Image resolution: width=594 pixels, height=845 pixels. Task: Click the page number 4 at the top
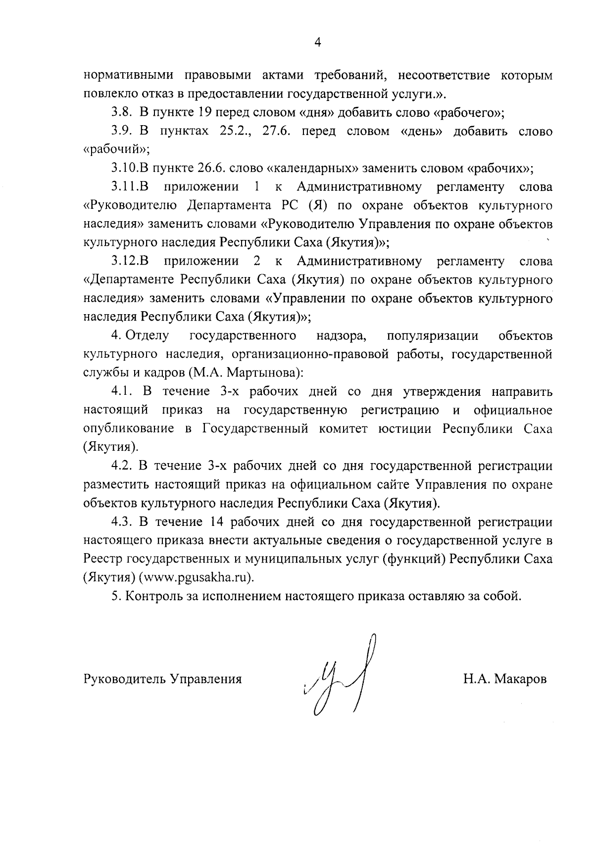(x=318, y=43)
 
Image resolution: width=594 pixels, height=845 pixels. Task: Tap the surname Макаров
(x=519, y=679)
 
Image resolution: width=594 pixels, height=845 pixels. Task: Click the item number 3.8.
(x=122, y=112)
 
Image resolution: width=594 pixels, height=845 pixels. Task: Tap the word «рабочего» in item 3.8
(x=465, y=112)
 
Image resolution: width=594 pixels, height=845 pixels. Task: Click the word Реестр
(x=102, y=559)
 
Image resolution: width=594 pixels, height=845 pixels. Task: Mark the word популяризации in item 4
(x=432, y=336)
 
